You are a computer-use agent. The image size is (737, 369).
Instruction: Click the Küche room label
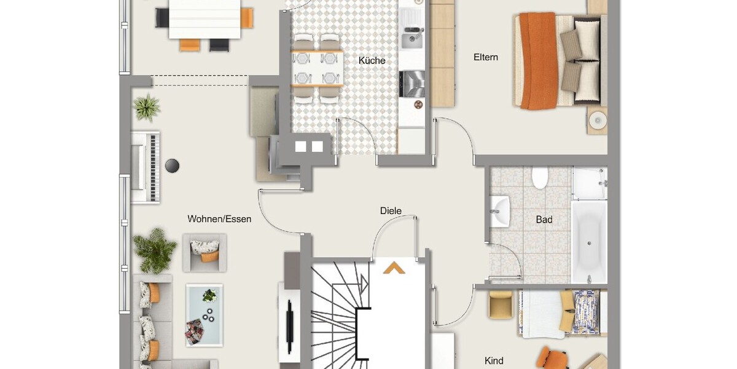(x=372, y=60)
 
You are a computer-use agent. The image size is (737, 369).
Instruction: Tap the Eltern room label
(x=485, y=57)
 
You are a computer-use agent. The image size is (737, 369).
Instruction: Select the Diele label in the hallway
(x=390, y=211)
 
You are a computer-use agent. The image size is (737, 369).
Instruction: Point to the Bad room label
(x=544, y=220)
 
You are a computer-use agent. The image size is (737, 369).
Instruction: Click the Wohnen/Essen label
(x=219, y=218)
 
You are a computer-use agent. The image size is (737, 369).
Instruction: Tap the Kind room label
(x=494, y=360)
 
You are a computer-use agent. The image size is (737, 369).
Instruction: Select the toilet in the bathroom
(x=540, y=178)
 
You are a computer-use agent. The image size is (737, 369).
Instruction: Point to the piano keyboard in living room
(x=147, y=166)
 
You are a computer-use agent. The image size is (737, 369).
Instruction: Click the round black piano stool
(x=173, y=165)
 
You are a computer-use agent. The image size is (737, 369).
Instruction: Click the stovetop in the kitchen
(x=411, y=83)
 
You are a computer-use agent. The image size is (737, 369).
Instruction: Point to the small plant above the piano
(x=146, y=108)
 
